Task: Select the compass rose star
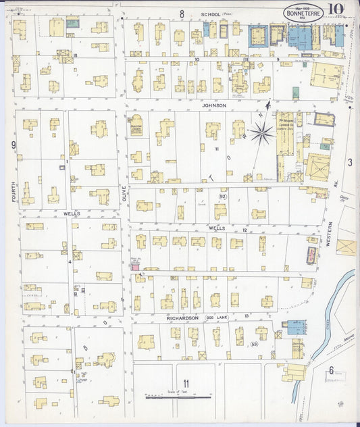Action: tap(261, 131)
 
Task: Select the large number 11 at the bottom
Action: tap(184, 385)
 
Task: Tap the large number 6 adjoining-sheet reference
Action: tap(331, 370)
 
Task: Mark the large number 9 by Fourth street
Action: tap(13, 145)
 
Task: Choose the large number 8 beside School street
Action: tap(181, 14)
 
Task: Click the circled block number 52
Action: tap(222, 197)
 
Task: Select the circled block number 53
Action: tap(254, 345)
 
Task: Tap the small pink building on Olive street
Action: tap(134, 267)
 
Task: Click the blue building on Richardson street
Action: tap(297, 328)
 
